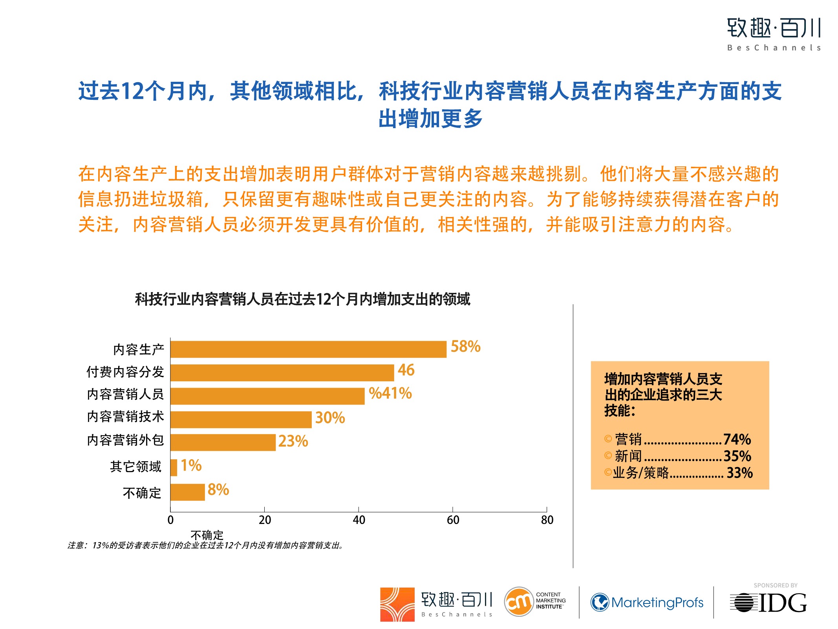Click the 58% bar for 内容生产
(308, 349)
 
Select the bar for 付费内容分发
(282, 373)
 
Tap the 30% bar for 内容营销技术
(241, 419)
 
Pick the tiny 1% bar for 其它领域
(174, 467)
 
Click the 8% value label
(218, 490)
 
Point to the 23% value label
(293, 441)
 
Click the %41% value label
(390, 394)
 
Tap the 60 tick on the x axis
(453, 520)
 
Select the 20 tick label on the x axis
(265, 520)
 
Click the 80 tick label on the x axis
(547, 520)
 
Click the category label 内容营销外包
(126, 440)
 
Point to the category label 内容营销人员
(126, 394)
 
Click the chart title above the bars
(302, 299)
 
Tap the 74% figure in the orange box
(737, 439)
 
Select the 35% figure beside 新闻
(737, 456)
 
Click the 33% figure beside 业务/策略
(739, 473)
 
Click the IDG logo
(768, 603)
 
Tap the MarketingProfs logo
(647, 602)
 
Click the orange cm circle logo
(518, 602)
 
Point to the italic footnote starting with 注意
(206, 546)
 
